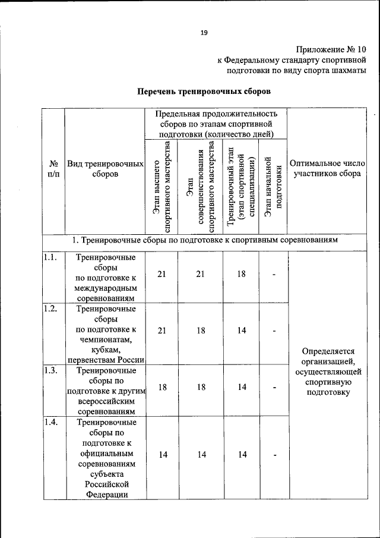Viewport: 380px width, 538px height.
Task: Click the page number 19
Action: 203,33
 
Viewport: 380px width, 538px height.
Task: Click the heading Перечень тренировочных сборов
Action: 204,92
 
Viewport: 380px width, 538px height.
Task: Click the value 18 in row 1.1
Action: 242,274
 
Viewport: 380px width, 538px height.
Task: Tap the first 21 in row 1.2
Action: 161,331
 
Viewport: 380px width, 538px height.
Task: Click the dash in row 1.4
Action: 274,455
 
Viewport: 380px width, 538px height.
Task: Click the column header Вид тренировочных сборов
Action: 105,168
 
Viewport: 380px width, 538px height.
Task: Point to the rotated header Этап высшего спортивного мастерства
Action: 161,187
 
